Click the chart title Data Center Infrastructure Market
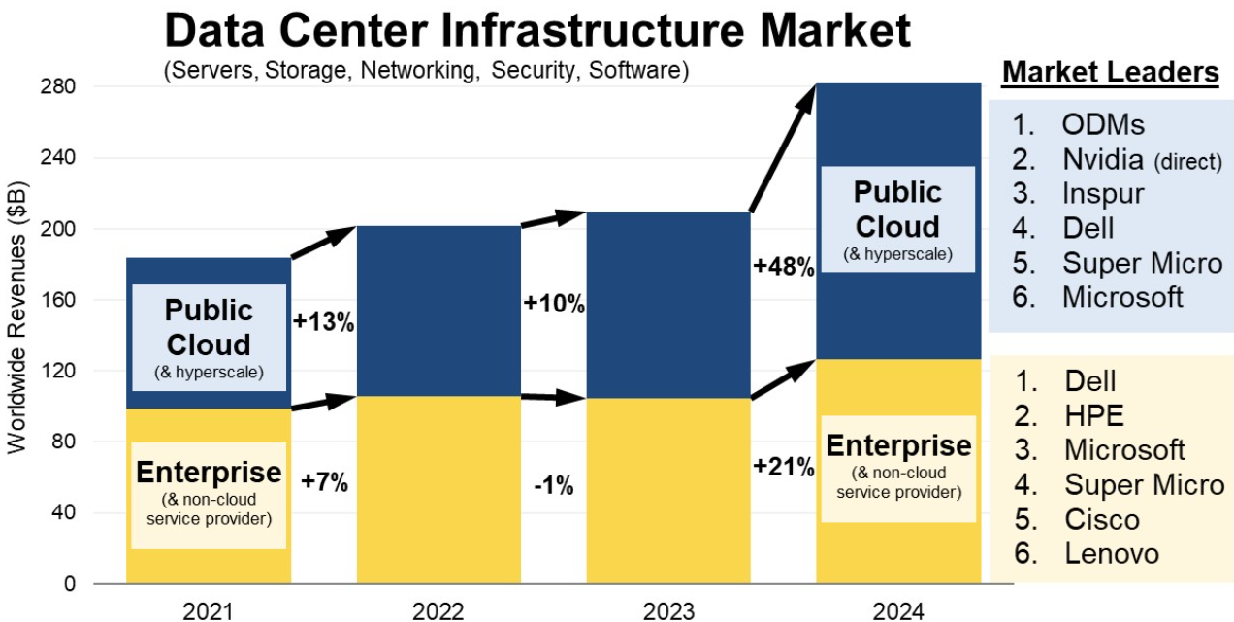(537, 31)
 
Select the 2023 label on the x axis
(667, 610)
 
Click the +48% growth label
(784, 267)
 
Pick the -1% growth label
(554, 486)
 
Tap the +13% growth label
(323, 323)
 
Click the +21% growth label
(784, 467)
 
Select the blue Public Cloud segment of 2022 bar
(438, 311)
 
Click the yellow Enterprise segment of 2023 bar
(667, 490)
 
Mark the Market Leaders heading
(1110, 73)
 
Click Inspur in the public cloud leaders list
(1103, 193)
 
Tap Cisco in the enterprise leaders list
(1101, 519)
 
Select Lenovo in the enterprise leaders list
(1111, 553)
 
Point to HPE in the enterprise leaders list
(1093, 415)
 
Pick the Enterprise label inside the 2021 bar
(209, 474)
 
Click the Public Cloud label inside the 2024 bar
(897, 210)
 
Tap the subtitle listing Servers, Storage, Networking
(427, 71)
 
